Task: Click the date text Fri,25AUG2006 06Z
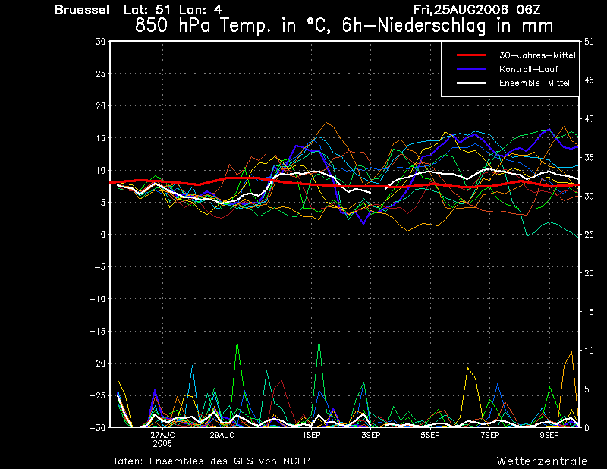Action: pos(477,10)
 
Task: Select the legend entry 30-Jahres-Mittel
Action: pos(537,55)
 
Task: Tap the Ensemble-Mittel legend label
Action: pos(532,83)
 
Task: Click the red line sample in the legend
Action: pos(470,55)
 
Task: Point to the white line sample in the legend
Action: pos(470,83)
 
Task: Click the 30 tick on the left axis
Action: pos(101,42)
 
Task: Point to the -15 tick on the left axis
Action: pos(98,332)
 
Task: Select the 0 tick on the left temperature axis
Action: pos(103,235)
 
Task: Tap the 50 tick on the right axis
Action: pos(585,42)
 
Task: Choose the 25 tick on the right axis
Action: pos(585,235)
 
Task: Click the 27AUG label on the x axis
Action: pos(162,436)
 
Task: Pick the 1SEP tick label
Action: pos(310,436)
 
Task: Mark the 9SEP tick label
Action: pos(549,436)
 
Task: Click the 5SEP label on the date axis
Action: pos(430,436)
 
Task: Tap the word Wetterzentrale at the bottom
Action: pos(542,461)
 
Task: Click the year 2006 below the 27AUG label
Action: pos(162,444)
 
